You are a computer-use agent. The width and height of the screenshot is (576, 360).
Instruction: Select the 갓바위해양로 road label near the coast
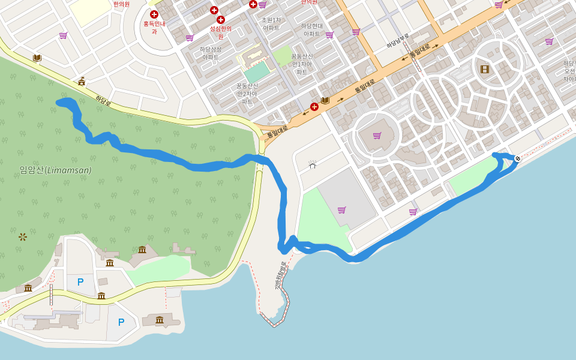pyautogui.click(x=280, y=276)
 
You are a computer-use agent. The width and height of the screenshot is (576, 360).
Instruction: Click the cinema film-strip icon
pyautogui.click(x=485, y=69)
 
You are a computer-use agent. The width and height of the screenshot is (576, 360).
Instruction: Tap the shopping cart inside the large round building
pyautogui.click(x=377, y=136)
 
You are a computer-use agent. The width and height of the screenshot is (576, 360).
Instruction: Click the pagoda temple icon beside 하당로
pyautogui.click(x=82, y=82)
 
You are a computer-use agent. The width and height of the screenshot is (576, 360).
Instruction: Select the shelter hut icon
pyautogui.click(x=312, y=164)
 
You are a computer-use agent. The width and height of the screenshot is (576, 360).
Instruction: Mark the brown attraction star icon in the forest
pyautogui.click(x=23, y=236)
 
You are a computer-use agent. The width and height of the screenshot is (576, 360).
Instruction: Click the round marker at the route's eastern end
pyautogui.click(x=517, y=158)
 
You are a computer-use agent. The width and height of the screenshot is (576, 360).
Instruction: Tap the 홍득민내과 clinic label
pyautogui.click(x=154, y=28)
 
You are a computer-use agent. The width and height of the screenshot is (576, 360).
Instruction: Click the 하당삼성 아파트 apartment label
pyautogui.click(x=210, y=53)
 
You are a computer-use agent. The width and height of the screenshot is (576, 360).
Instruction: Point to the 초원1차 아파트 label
pyautogui.click(x=271, y=24)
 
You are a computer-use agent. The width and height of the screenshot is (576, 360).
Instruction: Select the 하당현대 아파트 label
pyautogui.click(x=312, y=30)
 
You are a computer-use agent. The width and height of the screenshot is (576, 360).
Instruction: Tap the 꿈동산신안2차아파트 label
pyautogui.click(x=247, y=94)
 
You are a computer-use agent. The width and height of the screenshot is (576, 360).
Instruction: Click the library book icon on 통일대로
pyautogui.click(x=325, y=100)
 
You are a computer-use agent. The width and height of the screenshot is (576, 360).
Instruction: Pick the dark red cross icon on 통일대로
pyautogui.click(x=314, y=107)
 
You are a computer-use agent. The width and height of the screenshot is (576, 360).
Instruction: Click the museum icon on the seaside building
pyautogui.click(x=160, y=320)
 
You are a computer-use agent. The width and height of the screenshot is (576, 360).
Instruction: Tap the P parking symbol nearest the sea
pyautogui.click(x=121, y=322)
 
